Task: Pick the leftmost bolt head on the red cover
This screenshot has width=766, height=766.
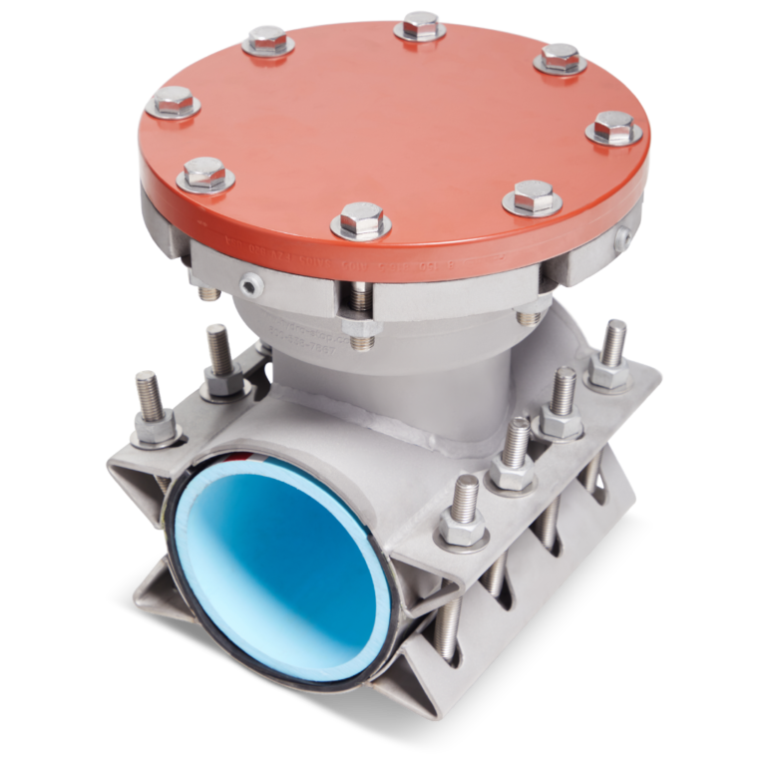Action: coord(176,101)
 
